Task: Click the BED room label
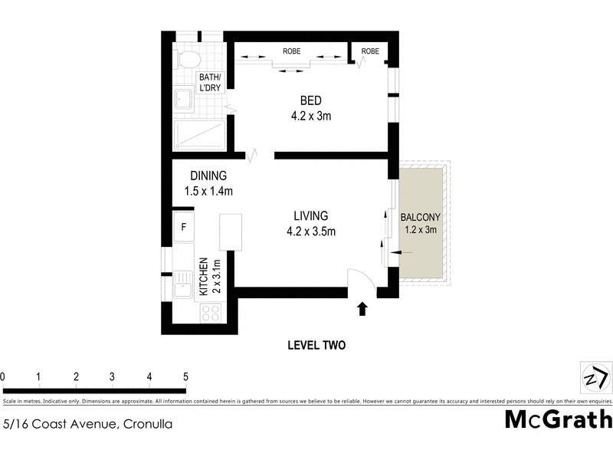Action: coord(310,100)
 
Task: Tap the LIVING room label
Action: coord(310,215)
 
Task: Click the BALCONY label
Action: coord(420,217)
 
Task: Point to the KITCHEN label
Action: coord(204,277)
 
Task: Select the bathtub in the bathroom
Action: coord(198,136)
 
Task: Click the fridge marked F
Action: coord(184,227)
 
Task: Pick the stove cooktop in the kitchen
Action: coord(210,313)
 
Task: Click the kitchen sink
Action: coord(184,284)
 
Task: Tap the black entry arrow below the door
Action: coord(362,309)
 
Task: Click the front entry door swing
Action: coord(360,281)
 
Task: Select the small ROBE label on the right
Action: coord(370,51)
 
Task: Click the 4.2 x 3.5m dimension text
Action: coord(310,230)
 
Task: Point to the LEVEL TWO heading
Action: coord(316,346)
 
